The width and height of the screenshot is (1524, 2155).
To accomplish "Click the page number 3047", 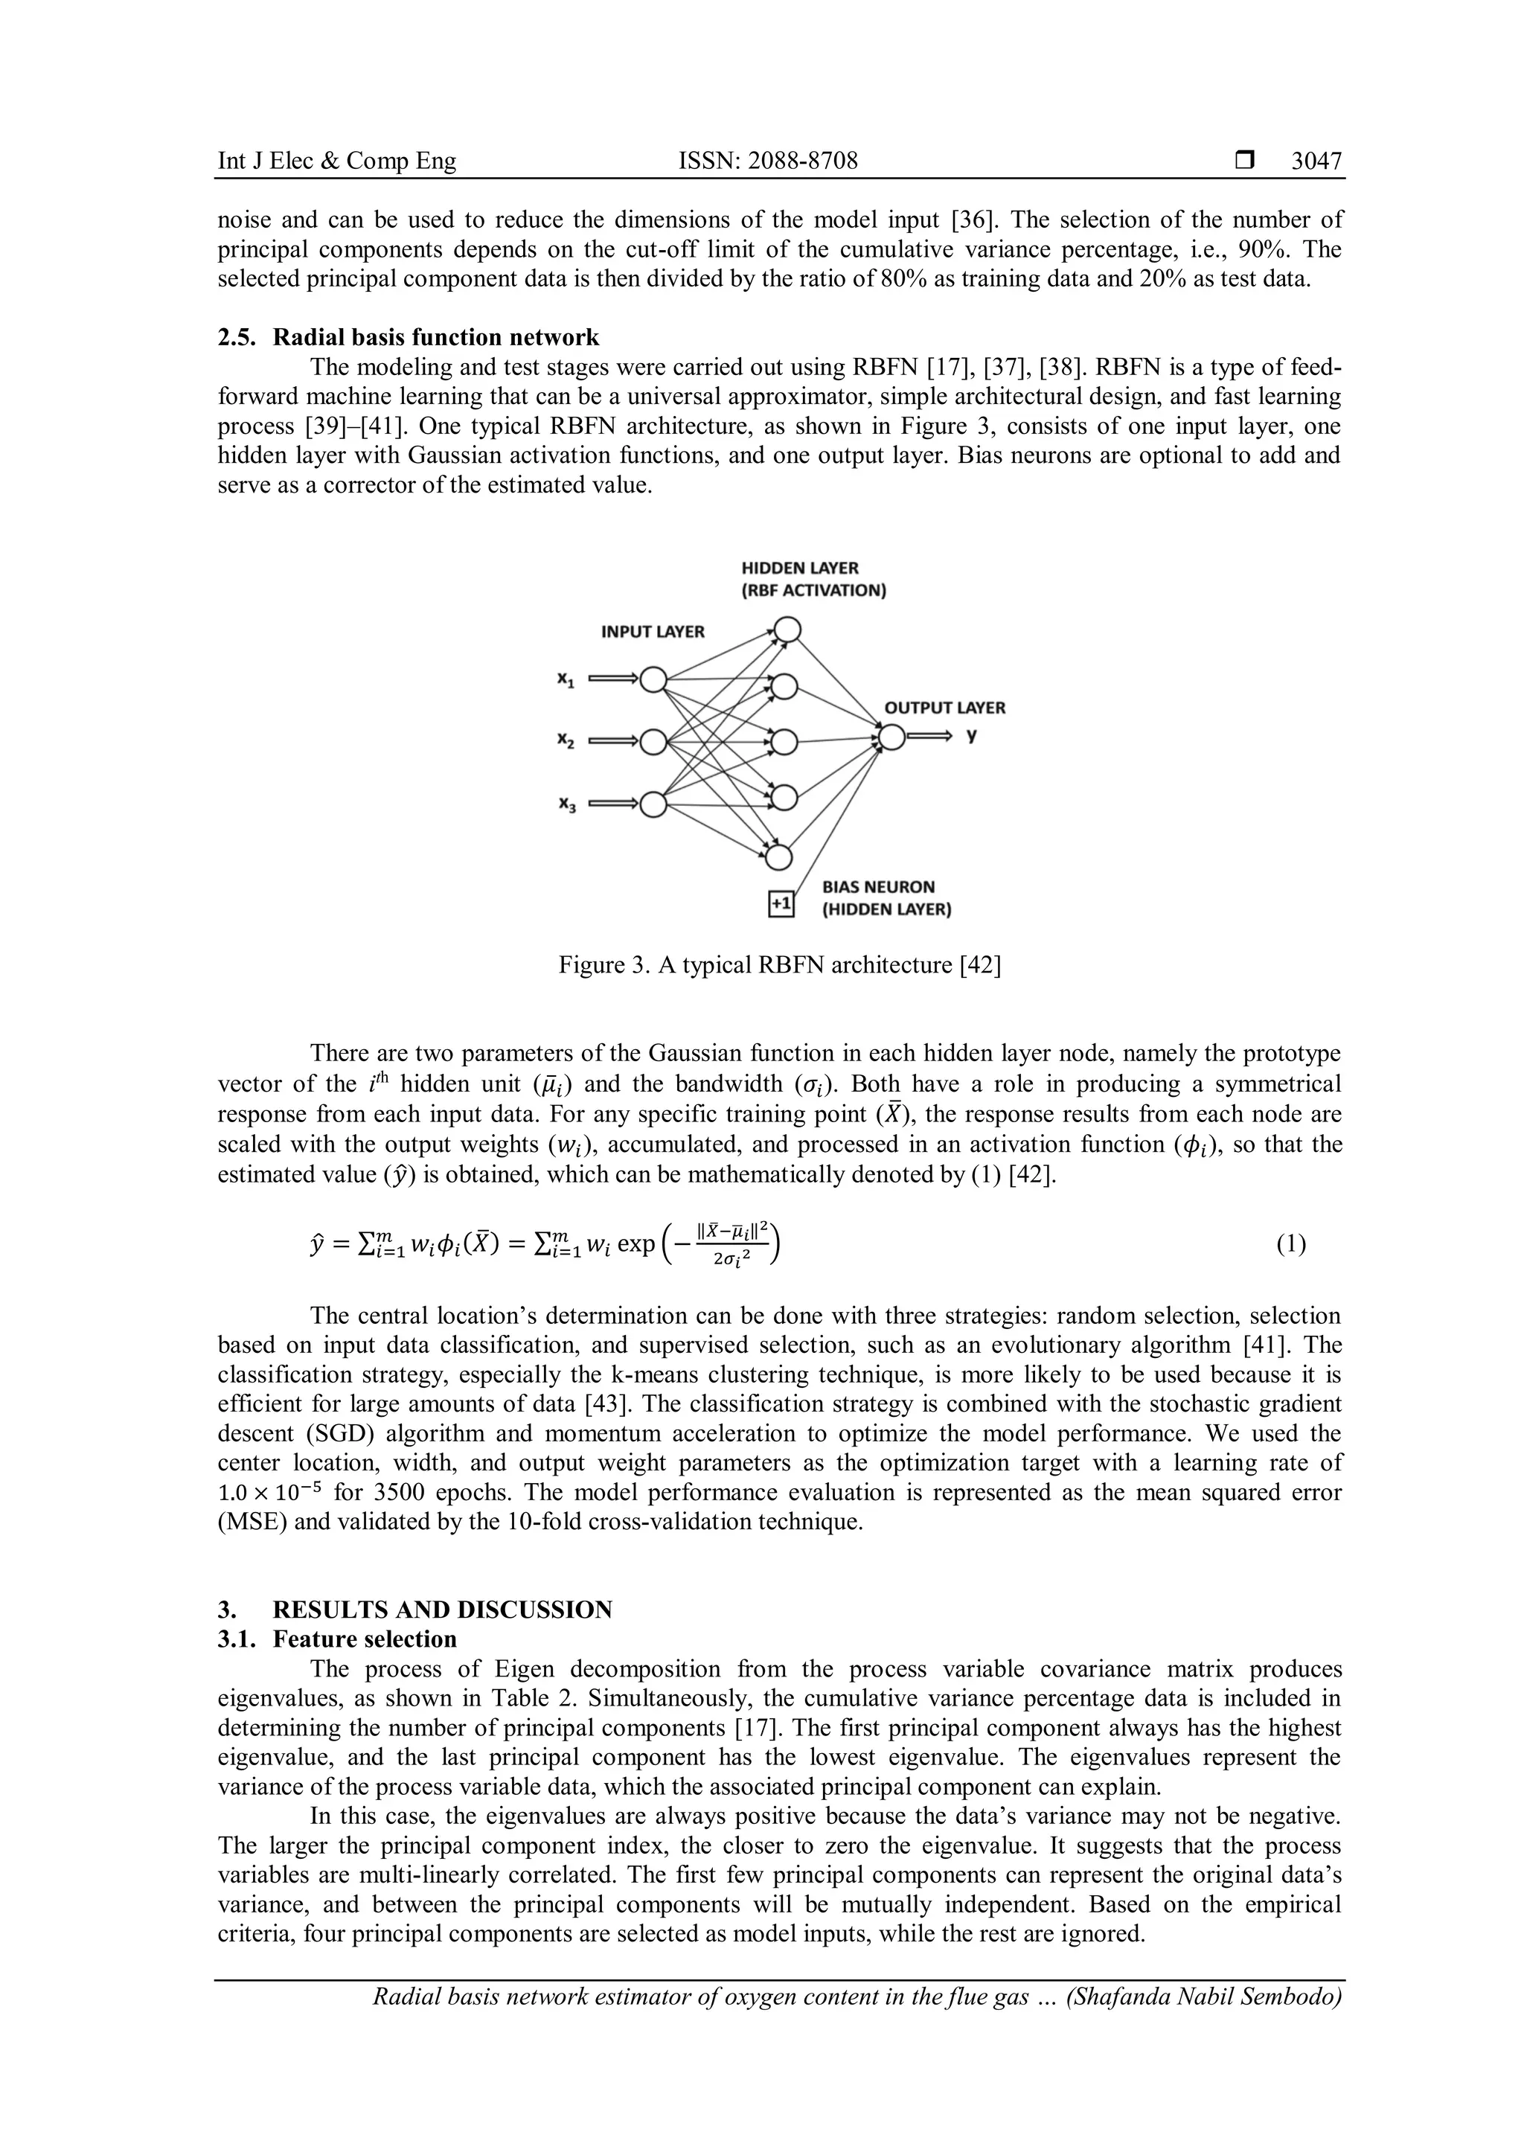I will [x=1316, y=161].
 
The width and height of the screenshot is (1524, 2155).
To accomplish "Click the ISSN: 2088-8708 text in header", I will [x=768, y=161].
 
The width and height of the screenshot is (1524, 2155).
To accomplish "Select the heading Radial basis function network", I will [x=435, y=337].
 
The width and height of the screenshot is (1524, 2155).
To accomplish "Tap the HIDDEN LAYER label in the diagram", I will [x=799, y=568].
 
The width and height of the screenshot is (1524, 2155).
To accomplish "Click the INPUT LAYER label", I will [x=652, y=632].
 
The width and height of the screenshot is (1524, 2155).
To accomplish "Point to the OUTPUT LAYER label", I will [x=944, y=708].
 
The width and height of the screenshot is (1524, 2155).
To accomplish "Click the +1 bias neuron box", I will [x=781, y=904].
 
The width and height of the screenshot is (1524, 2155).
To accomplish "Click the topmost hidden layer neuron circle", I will [x=787, y=629].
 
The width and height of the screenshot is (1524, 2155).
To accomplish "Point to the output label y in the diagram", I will [x=972, y=736].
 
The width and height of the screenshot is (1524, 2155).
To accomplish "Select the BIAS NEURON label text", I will [x=878, y=887].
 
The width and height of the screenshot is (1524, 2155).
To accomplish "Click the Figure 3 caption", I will [x=780, y=965].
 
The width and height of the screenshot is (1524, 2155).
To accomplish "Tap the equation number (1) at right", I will [x=1291, y=1245].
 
